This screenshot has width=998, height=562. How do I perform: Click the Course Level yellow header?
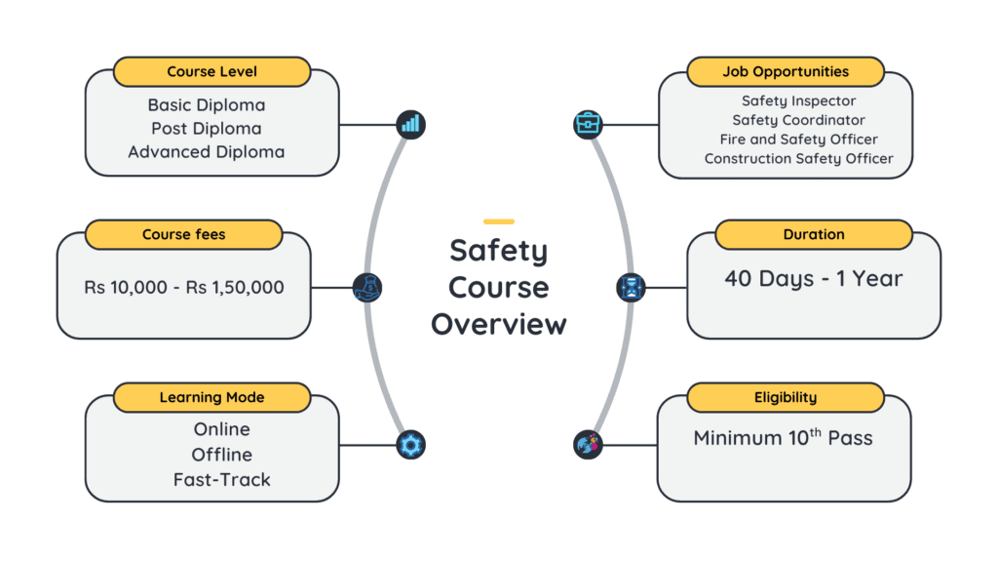[x=211, y=71]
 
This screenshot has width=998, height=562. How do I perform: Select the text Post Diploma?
[x=206, y=128]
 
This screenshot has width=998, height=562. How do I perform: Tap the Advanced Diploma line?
[x=206, y=152]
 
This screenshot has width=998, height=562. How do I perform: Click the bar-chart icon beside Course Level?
[x=411, y=124]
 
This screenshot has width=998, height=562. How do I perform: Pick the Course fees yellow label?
[x=183, y=234]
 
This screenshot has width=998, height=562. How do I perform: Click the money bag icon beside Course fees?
[x=367, y=287]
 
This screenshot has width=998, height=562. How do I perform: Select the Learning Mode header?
[x=211, y=397]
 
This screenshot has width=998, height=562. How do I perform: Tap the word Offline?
[x=221, y=455]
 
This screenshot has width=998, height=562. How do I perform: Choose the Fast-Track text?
[x=221, y=479]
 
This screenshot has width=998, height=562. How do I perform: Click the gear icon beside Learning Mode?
[x=411, y=445]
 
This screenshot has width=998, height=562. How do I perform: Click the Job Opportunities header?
[x=785, y=71]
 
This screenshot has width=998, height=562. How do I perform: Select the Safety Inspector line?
[x=798, y=100]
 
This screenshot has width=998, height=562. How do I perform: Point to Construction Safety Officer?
[x=798, y=158]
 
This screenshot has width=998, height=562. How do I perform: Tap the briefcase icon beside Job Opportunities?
[x=588, y=124]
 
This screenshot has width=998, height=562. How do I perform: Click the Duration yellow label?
[x=814, y=234]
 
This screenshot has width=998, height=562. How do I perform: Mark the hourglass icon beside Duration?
[x=632, y=288]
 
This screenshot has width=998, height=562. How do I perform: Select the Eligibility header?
[x=785, y=397]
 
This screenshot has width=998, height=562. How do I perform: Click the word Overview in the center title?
[x=499, y=324]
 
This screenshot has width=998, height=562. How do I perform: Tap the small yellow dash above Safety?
[x=499, y=221]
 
